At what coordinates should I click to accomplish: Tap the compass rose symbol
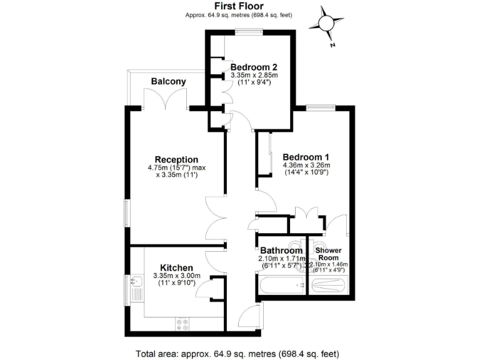[327, 23]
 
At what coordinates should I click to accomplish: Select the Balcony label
[168, 81]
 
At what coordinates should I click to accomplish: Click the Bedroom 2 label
[253, 67]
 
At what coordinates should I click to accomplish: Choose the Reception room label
[177, 159]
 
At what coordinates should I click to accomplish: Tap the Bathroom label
[281, 251]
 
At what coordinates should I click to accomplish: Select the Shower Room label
[329, 254]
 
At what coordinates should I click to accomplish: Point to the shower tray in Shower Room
[329, 287]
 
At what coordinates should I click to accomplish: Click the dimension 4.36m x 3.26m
[306, 165]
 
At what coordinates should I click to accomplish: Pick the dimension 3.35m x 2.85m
[253, 76]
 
